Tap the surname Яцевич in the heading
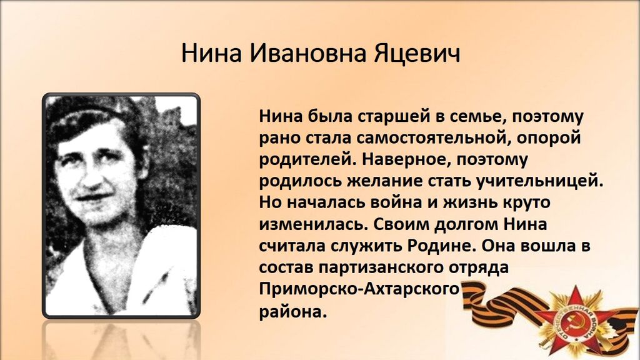(x=417, y=54)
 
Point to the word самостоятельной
(x=432, y=138)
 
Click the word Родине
(x=442, y=246)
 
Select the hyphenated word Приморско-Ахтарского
(x=359, y=289)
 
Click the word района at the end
(x=293, y=312)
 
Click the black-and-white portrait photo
(x=121, y=206)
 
